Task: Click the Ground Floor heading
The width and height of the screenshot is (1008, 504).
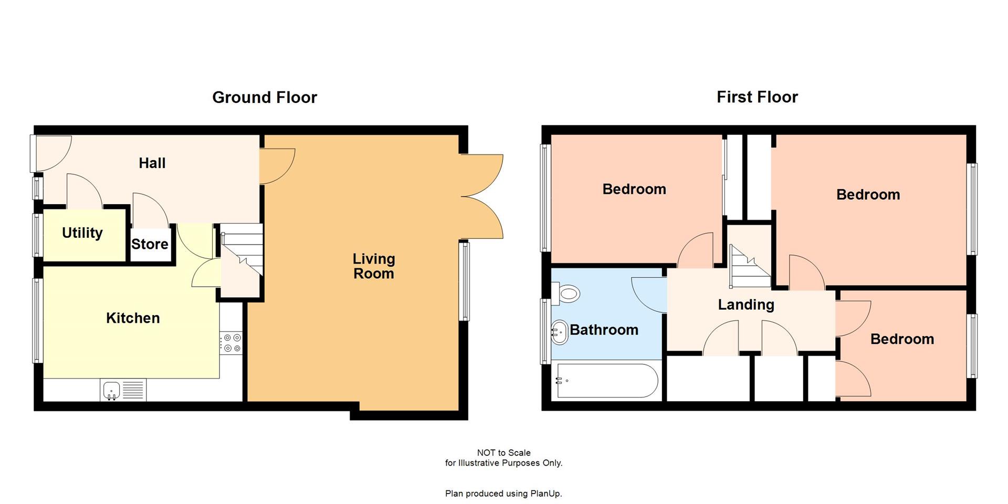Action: [x=265, y=98]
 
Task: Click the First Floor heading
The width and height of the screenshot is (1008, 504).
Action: [x=757, y=97]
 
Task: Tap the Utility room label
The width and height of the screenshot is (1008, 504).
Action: [x=82, y=233]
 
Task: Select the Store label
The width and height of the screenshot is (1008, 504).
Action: [x=150, y=244]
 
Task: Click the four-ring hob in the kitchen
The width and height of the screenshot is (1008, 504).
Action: [x=232, y=343]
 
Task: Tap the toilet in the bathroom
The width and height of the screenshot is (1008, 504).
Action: [x=566, y=293]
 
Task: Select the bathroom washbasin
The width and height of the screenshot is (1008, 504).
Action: [x=560, y=332]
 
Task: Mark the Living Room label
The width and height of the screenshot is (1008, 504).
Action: [x=373, y=266]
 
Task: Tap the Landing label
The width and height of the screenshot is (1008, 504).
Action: [x=746, y=305]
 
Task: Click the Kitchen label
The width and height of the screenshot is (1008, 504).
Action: [x=133, y=318]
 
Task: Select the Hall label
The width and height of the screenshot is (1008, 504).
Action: [x=152, y=163]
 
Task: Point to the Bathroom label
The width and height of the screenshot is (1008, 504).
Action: [x=604, y=330]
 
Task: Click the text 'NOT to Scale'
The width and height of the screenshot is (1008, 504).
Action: [x=503, y=453]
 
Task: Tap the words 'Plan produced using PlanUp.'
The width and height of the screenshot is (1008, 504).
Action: [x=503, y=493]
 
